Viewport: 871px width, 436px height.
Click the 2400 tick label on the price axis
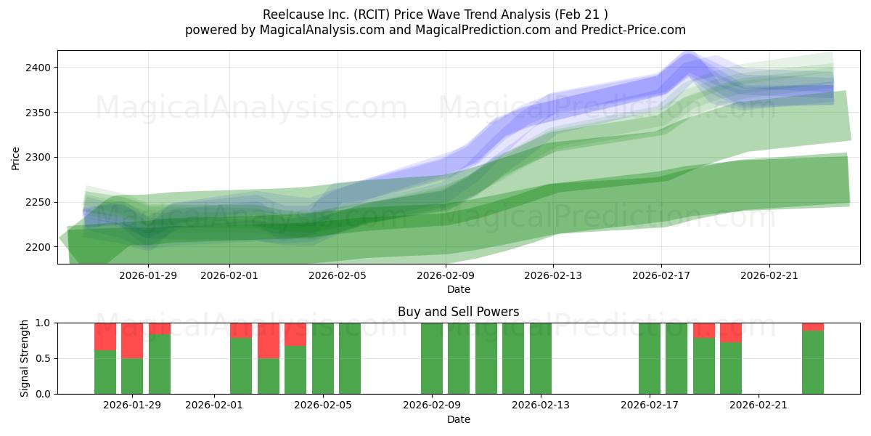[x=39, y=68]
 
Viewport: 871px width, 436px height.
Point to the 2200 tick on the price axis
[x=39, y=247]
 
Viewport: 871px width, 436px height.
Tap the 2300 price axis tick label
[x=39, y=158]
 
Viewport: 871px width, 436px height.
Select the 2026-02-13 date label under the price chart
[x=553, y=275]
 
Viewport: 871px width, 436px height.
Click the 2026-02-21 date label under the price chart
[x=769, y=275]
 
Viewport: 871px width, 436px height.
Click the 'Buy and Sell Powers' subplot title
[x=458, y=312]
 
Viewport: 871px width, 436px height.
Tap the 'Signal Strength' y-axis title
[x=25, y=358]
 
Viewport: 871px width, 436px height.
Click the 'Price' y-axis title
[x=16, y=158]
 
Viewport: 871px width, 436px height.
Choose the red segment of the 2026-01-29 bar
[x=132, y=340]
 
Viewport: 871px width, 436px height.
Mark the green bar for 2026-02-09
[x=432, y=358]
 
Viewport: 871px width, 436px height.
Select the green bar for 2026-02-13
[x=541, y=358]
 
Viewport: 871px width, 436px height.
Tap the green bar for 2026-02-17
[x=650, y=358]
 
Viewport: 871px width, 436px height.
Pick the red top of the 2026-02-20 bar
[x=731, y=332]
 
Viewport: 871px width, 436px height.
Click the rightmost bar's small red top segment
[x=813, y=327]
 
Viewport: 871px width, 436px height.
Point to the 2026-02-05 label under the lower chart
[x=323, y=405]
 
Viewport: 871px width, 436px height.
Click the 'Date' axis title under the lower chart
[x=458, y=419]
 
